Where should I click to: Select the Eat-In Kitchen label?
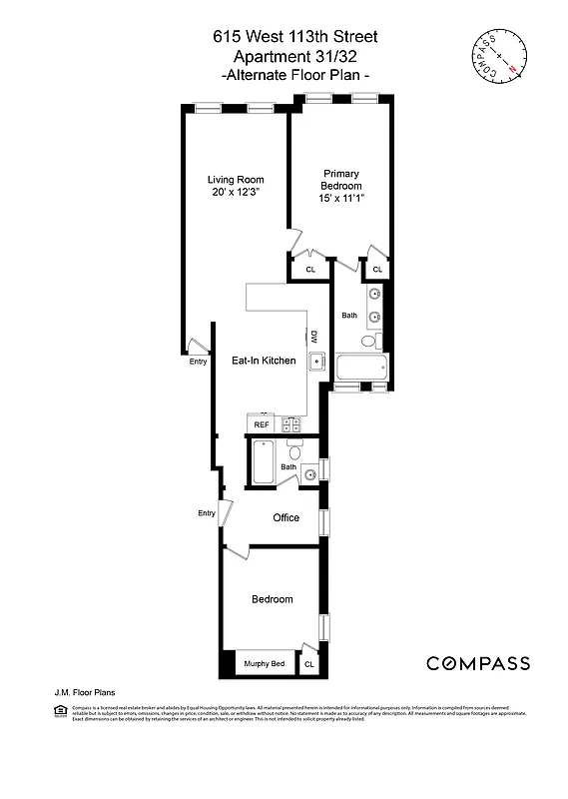pos(264,361)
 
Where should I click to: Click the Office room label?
pos(286,517)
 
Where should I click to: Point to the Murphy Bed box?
pos(265,664)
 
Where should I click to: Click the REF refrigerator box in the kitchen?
pos(262,424)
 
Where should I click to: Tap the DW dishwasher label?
pos(313,336)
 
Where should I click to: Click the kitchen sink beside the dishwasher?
pos(315,362)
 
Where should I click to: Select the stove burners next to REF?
pos(290,424)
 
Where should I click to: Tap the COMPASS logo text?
pos(478,664)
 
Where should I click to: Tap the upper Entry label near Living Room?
pos(198,361)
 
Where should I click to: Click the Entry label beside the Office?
pos(207,513)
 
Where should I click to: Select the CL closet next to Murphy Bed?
pos(308,664)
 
